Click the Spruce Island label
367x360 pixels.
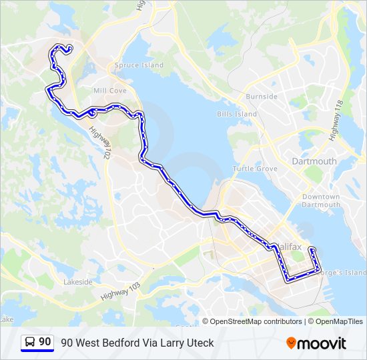click(x=139, y=65)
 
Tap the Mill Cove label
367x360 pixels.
click(x=110, y=91)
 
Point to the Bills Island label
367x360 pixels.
click(x=236, y=114)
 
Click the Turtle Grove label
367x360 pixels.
click(x=255, y=169)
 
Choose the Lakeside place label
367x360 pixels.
click(x=78, y=282)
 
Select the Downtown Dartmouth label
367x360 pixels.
click(x=321, y=201)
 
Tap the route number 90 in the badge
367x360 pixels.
click(x=45, y=342)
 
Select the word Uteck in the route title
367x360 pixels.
click(x=200, y=343)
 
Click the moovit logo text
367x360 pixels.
click(x=322, y=343)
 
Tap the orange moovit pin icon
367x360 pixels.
click(x=291, y=343)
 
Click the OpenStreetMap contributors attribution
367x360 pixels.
click(x=256, y=321)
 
